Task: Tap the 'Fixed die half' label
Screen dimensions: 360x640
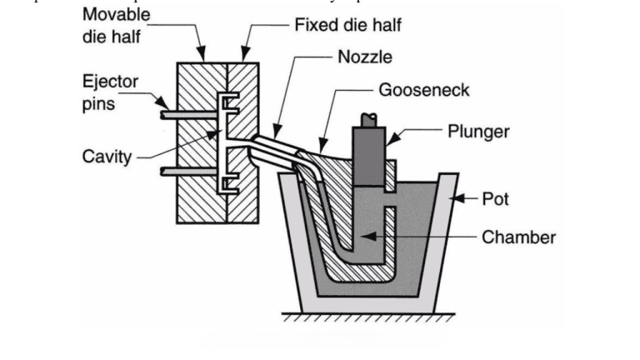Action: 347,25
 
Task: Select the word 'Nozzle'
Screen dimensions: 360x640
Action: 364,57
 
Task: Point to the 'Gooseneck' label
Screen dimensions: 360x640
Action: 423,90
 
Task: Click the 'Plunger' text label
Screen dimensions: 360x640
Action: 478,131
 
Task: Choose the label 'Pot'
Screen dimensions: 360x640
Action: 495,199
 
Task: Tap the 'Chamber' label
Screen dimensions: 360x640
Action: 518,237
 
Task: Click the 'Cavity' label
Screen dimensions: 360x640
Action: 107,156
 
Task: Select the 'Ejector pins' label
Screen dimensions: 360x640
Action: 110,92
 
